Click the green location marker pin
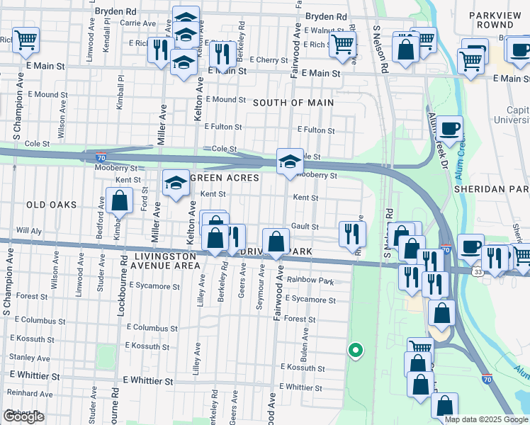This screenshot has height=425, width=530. coord(356,350)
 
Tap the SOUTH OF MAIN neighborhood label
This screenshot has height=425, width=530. coord(293,103)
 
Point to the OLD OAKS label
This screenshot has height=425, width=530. coord(51,205)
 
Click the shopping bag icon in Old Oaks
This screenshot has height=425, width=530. coord(120,200)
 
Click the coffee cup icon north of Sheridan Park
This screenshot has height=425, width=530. coord(449,129)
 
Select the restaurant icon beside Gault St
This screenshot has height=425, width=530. coord(352,234)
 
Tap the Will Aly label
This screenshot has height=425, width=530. coord(29,231)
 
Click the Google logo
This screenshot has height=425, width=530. coord(23,416)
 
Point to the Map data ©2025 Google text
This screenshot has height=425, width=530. coord(485,419)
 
